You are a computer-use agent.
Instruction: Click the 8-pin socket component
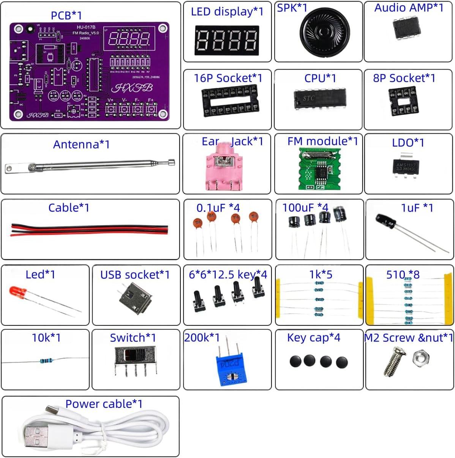403,101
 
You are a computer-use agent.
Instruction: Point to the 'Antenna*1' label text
81,145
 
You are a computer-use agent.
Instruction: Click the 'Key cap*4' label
313,338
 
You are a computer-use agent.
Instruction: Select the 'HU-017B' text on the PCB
86,27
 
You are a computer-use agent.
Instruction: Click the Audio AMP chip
406,28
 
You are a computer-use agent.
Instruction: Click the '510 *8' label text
403,275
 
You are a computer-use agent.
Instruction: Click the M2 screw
392,363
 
